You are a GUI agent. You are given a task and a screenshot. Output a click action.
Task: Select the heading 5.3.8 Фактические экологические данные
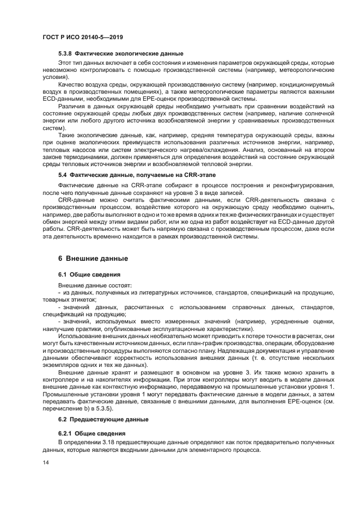tap(121, 53)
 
